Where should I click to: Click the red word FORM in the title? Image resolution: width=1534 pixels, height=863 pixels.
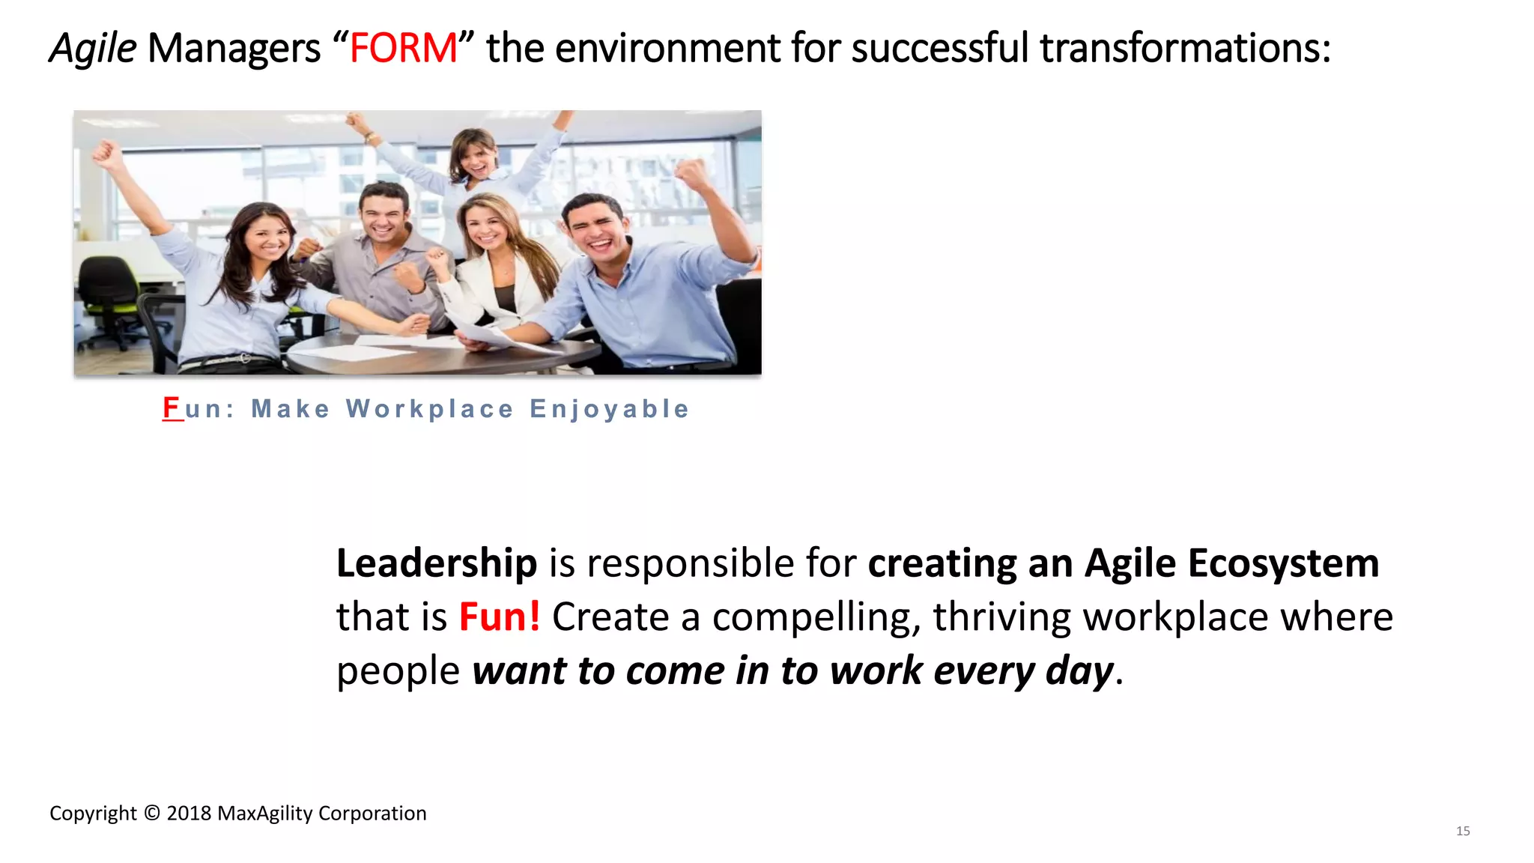(x=403, y=49)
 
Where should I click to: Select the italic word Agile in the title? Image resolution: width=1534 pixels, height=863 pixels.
(x=93, y=49)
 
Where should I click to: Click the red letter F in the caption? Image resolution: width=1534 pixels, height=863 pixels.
(x=172, y=408)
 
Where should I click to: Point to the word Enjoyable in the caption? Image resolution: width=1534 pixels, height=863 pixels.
(x=609, y=409)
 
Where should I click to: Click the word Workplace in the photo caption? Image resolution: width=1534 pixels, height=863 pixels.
(x=429, y=409)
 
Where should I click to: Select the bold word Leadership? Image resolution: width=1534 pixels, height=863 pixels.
(x=436, y=563)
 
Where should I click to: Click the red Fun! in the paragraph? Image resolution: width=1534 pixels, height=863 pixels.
(x=499, y=617)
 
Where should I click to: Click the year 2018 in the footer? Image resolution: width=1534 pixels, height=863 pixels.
(x=189, y=814)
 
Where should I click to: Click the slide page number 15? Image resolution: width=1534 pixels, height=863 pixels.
(x=1462, y=831)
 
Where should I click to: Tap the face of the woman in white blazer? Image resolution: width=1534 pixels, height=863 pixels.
(x=487, y=225)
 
